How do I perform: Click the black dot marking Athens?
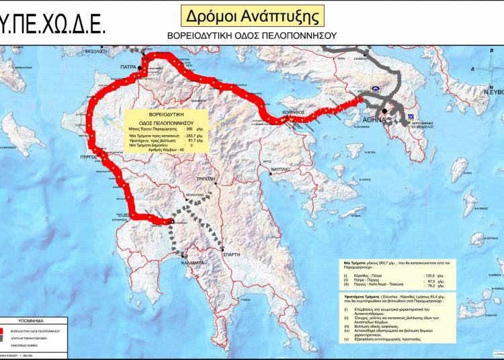pos(384,111)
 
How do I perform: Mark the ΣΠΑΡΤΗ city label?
pos(232,254)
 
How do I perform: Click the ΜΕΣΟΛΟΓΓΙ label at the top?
pos(95,51)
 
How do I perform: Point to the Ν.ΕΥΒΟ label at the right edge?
pos(492,93)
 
